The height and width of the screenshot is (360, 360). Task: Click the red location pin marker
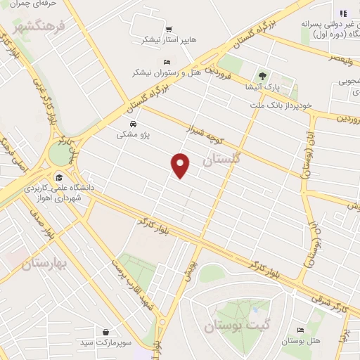(181, 165)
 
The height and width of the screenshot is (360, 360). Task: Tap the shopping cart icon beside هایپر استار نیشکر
(169, 30)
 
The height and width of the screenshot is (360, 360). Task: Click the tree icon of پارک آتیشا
(262, 75)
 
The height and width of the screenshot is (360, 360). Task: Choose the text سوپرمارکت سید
(122, 342)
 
